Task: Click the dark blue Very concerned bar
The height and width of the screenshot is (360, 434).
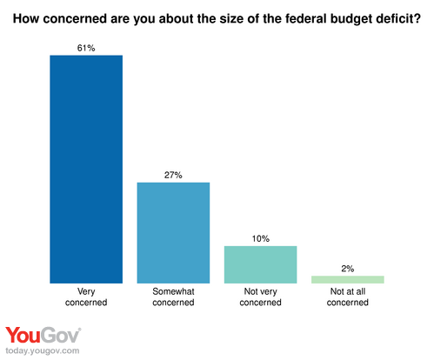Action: [86, 169]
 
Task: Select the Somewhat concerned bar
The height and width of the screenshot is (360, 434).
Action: [173, 232]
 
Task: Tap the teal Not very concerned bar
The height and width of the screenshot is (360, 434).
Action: [260, 264]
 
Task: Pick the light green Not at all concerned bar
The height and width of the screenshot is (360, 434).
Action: [347, 279]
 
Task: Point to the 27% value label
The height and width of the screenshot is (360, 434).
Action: [173, 175]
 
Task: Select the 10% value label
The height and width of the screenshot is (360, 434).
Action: [260, 238]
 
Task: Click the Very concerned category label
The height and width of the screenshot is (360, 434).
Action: [86, 297]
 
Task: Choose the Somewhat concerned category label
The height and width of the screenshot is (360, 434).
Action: [173, 297]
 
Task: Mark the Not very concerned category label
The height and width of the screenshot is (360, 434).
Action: [260, 297]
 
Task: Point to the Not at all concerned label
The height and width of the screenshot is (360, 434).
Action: [347, 297]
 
